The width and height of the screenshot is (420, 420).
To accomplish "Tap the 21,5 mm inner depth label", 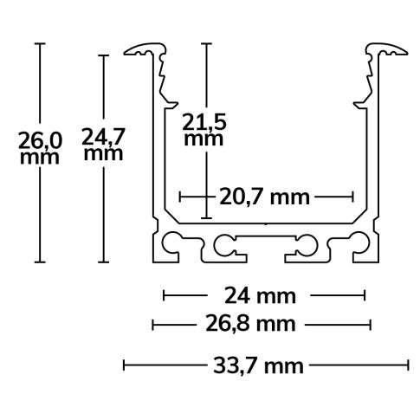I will [205, 130].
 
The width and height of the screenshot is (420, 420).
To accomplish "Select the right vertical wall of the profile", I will [370, 156].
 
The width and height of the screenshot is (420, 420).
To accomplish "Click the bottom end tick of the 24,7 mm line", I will [104, 262].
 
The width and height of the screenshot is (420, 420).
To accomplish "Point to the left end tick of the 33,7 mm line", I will [125, 365].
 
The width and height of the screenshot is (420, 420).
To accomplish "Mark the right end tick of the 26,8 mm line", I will [372, 326].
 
